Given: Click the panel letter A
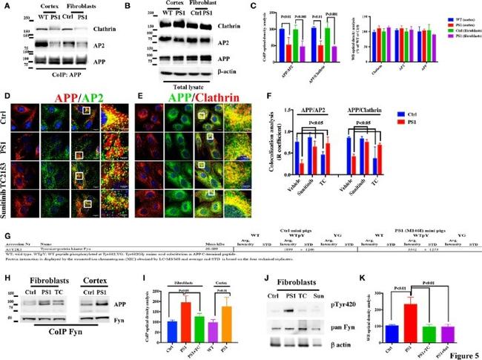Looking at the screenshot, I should click(x=5, y=6).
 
